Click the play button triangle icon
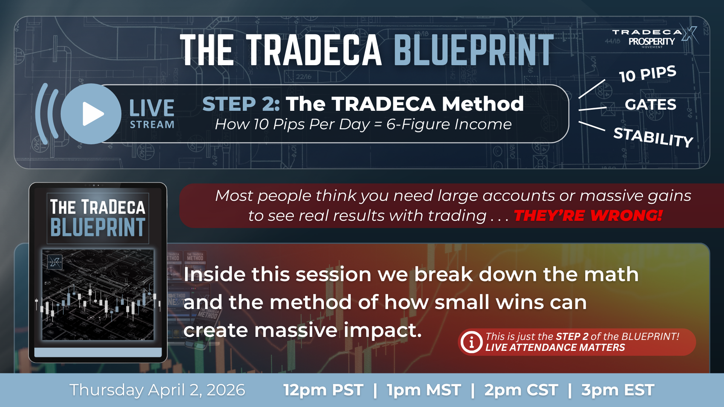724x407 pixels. click(x=92, y=113)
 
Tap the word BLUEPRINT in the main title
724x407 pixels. click(x=474, y=50)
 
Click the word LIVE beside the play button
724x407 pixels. click(x=152, y=108)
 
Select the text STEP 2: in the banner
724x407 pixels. click(x=241, y=104)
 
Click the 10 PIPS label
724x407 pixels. click(x=647, y=73)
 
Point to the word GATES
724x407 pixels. click(x=650, y=104)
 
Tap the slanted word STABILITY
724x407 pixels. click(x=653, y=137)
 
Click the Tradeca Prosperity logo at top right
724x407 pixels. click(x=654, y=38)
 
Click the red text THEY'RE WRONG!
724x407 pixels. click(x=588, y=216)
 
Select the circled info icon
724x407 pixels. click(x=471, y=342)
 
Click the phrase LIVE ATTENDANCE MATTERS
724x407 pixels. click(x=555, y=347)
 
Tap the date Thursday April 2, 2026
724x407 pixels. click(x=157, y=390)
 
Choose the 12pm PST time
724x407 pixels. click(x=323, y=390)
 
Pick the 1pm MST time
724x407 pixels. click(x=423, y=390)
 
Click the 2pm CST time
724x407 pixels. click(x=521, y=390)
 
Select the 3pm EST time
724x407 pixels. click(x=618, y=390)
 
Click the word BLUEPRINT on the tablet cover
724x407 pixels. click(x=98, y=227)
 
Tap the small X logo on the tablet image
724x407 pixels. click(x=55, y=262)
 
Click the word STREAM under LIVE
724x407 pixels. click(x=152, y=125)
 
